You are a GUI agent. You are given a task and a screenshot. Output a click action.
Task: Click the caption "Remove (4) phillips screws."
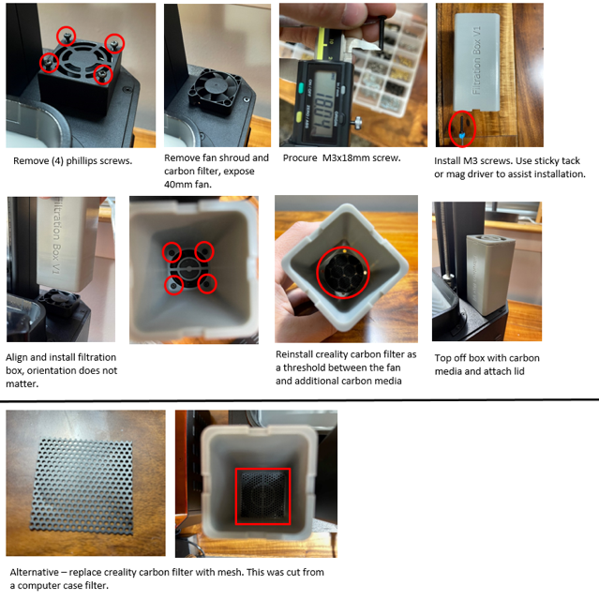(72, 160)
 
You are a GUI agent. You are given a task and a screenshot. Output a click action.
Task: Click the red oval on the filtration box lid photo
(460, 127)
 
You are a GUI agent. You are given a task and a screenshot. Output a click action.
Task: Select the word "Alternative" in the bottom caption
(38, 572)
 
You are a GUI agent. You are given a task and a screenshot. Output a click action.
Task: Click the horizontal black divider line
(299, 400)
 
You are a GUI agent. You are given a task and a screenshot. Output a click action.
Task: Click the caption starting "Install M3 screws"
(510, 166)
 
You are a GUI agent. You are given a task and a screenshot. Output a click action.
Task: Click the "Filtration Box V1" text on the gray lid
(477, 62)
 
